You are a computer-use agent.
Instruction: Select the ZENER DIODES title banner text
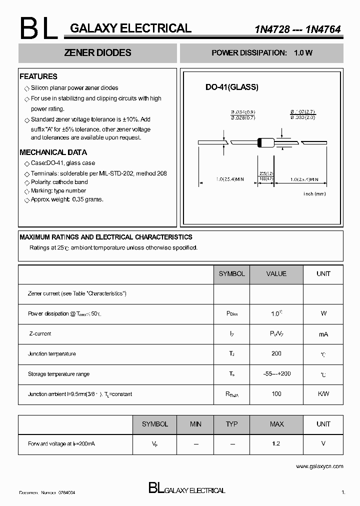(x=98, y=53)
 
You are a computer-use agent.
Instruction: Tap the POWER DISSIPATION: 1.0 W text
(x=261, y=53)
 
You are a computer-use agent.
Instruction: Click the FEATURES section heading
(x=38, y=76)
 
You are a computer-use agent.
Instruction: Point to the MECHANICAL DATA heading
(x=53, y=152)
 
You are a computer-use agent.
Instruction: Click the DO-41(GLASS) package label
(x=232, y=87)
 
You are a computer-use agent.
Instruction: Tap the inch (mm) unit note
(x=314, y=193)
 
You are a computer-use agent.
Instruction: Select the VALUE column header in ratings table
(x=276, y=274)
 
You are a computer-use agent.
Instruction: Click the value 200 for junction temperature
(x=276, y=353)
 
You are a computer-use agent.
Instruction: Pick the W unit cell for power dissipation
(x=323, y=313)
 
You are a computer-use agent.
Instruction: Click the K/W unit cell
(x=323, y=394)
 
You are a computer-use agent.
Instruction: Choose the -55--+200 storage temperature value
(x=276, y=374)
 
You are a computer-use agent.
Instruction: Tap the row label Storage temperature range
(x=58, y=374)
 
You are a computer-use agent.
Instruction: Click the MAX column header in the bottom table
(x=276, y=424)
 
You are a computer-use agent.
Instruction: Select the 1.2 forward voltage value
(x=276, y=443)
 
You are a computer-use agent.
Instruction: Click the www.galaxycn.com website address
(x=319, y=466)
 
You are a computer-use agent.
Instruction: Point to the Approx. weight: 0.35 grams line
(x=67, y=199)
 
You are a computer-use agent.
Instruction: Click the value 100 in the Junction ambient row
(x=276, y=394)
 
